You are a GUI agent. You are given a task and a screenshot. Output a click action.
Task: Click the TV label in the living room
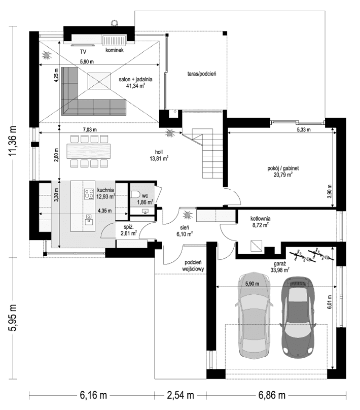83,51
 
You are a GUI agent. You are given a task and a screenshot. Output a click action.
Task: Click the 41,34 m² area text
136,86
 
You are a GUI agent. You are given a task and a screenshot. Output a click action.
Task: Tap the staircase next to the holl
206,152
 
